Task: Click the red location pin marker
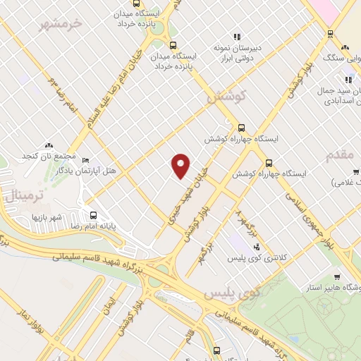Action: (x=181, y=166)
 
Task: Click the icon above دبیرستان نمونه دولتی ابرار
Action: (x=238, y=37)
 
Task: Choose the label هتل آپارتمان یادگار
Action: (x=90, y=172)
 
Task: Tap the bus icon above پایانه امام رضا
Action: (x=93, y=215)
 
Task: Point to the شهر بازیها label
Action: (x=47, y=217)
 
